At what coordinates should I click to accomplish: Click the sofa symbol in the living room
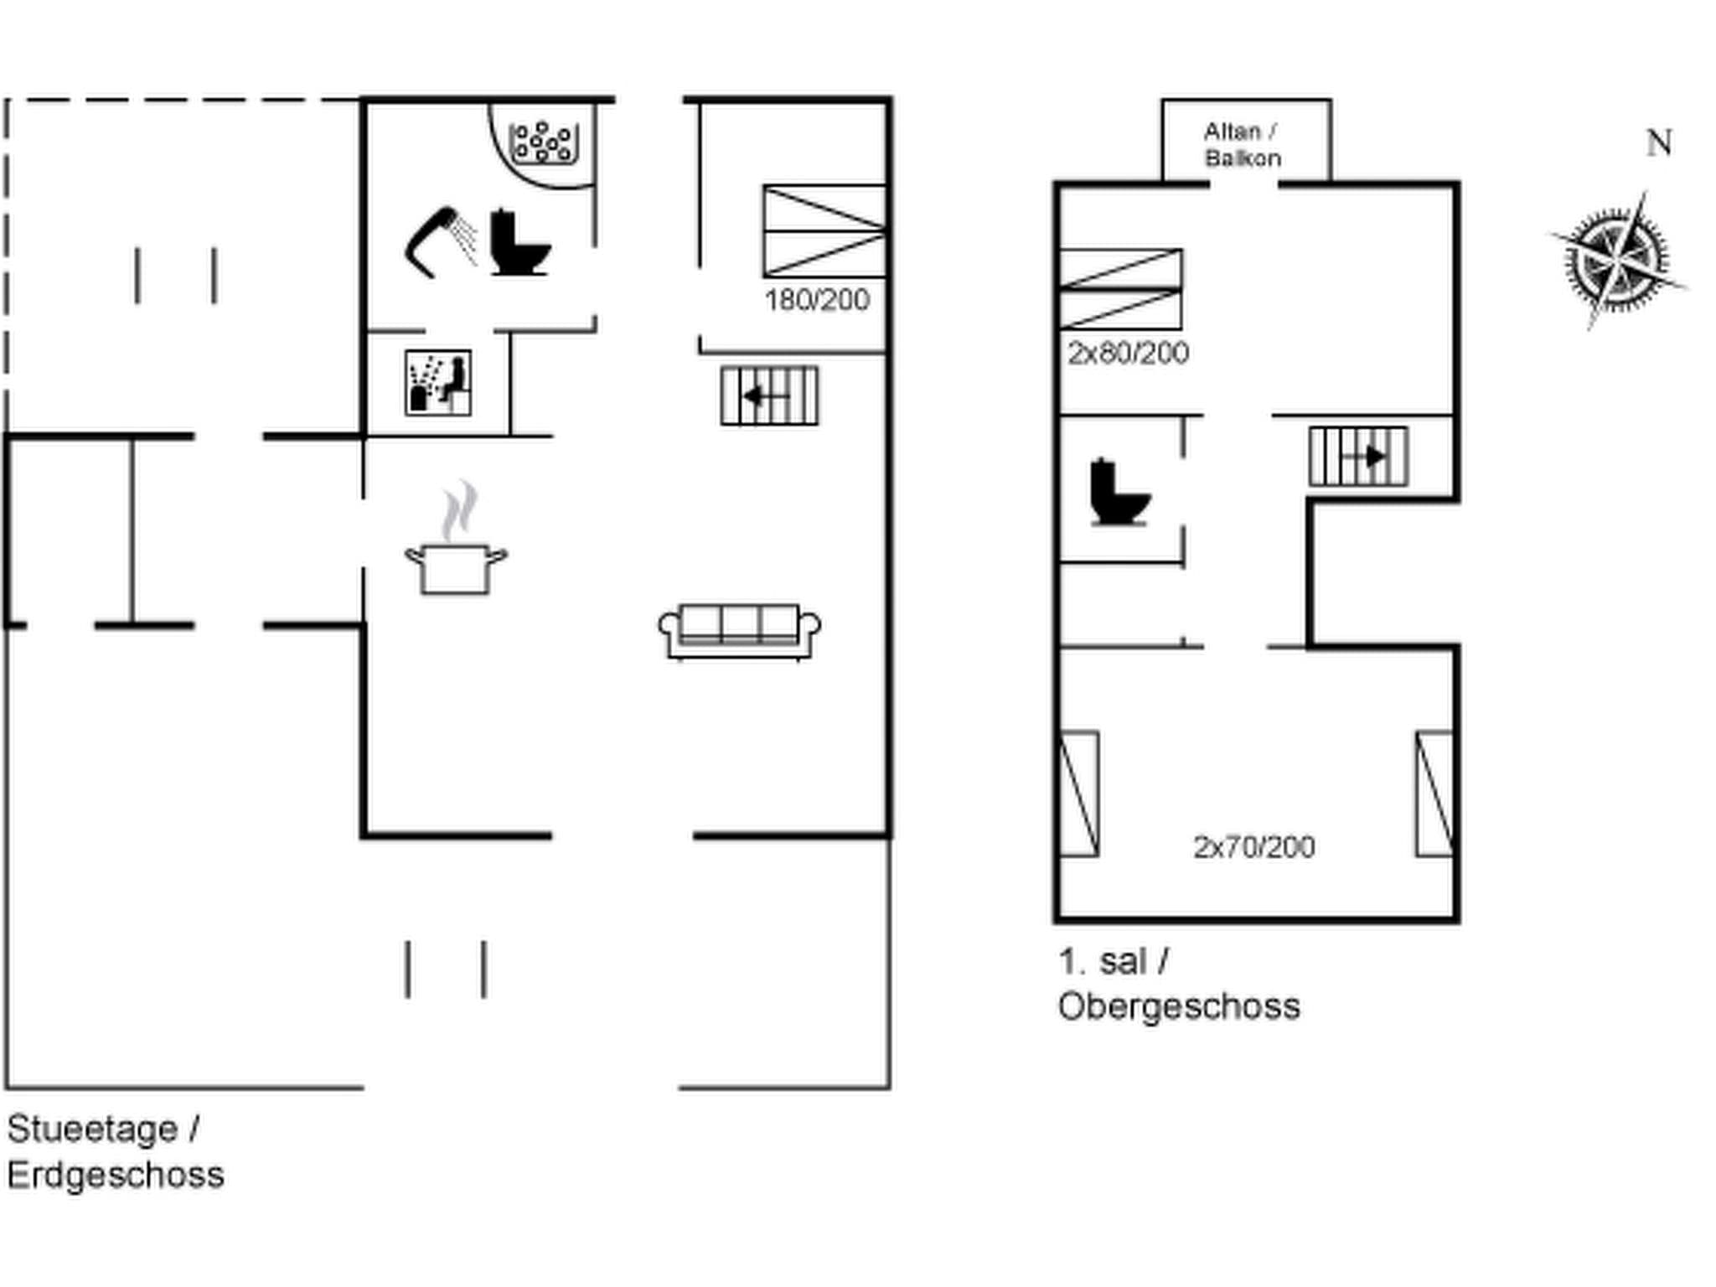pos(740,631)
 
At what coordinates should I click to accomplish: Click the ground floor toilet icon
pos(518,243)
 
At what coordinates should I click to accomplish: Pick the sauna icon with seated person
pos(438,383)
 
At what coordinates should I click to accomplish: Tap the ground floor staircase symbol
pos(769,395)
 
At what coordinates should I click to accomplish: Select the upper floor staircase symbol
pos(1358,457)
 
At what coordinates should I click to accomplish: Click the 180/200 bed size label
pos(817,300)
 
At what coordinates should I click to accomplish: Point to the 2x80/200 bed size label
pos(1128,353)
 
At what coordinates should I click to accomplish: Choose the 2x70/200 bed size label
pos(1253,847)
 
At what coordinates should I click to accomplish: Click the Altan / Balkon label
pos(1242,145)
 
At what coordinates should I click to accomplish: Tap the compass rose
pos(1616,260)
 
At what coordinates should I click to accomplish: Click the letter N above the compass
pos(1659,143)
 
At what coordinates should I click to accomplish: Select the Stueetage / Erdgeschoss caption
pos(116,1152)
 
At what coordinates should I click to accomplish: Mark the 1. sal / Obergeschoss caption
pos(1178,984)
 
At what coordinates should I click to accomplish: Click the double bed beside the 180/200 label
pos(824,231)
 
